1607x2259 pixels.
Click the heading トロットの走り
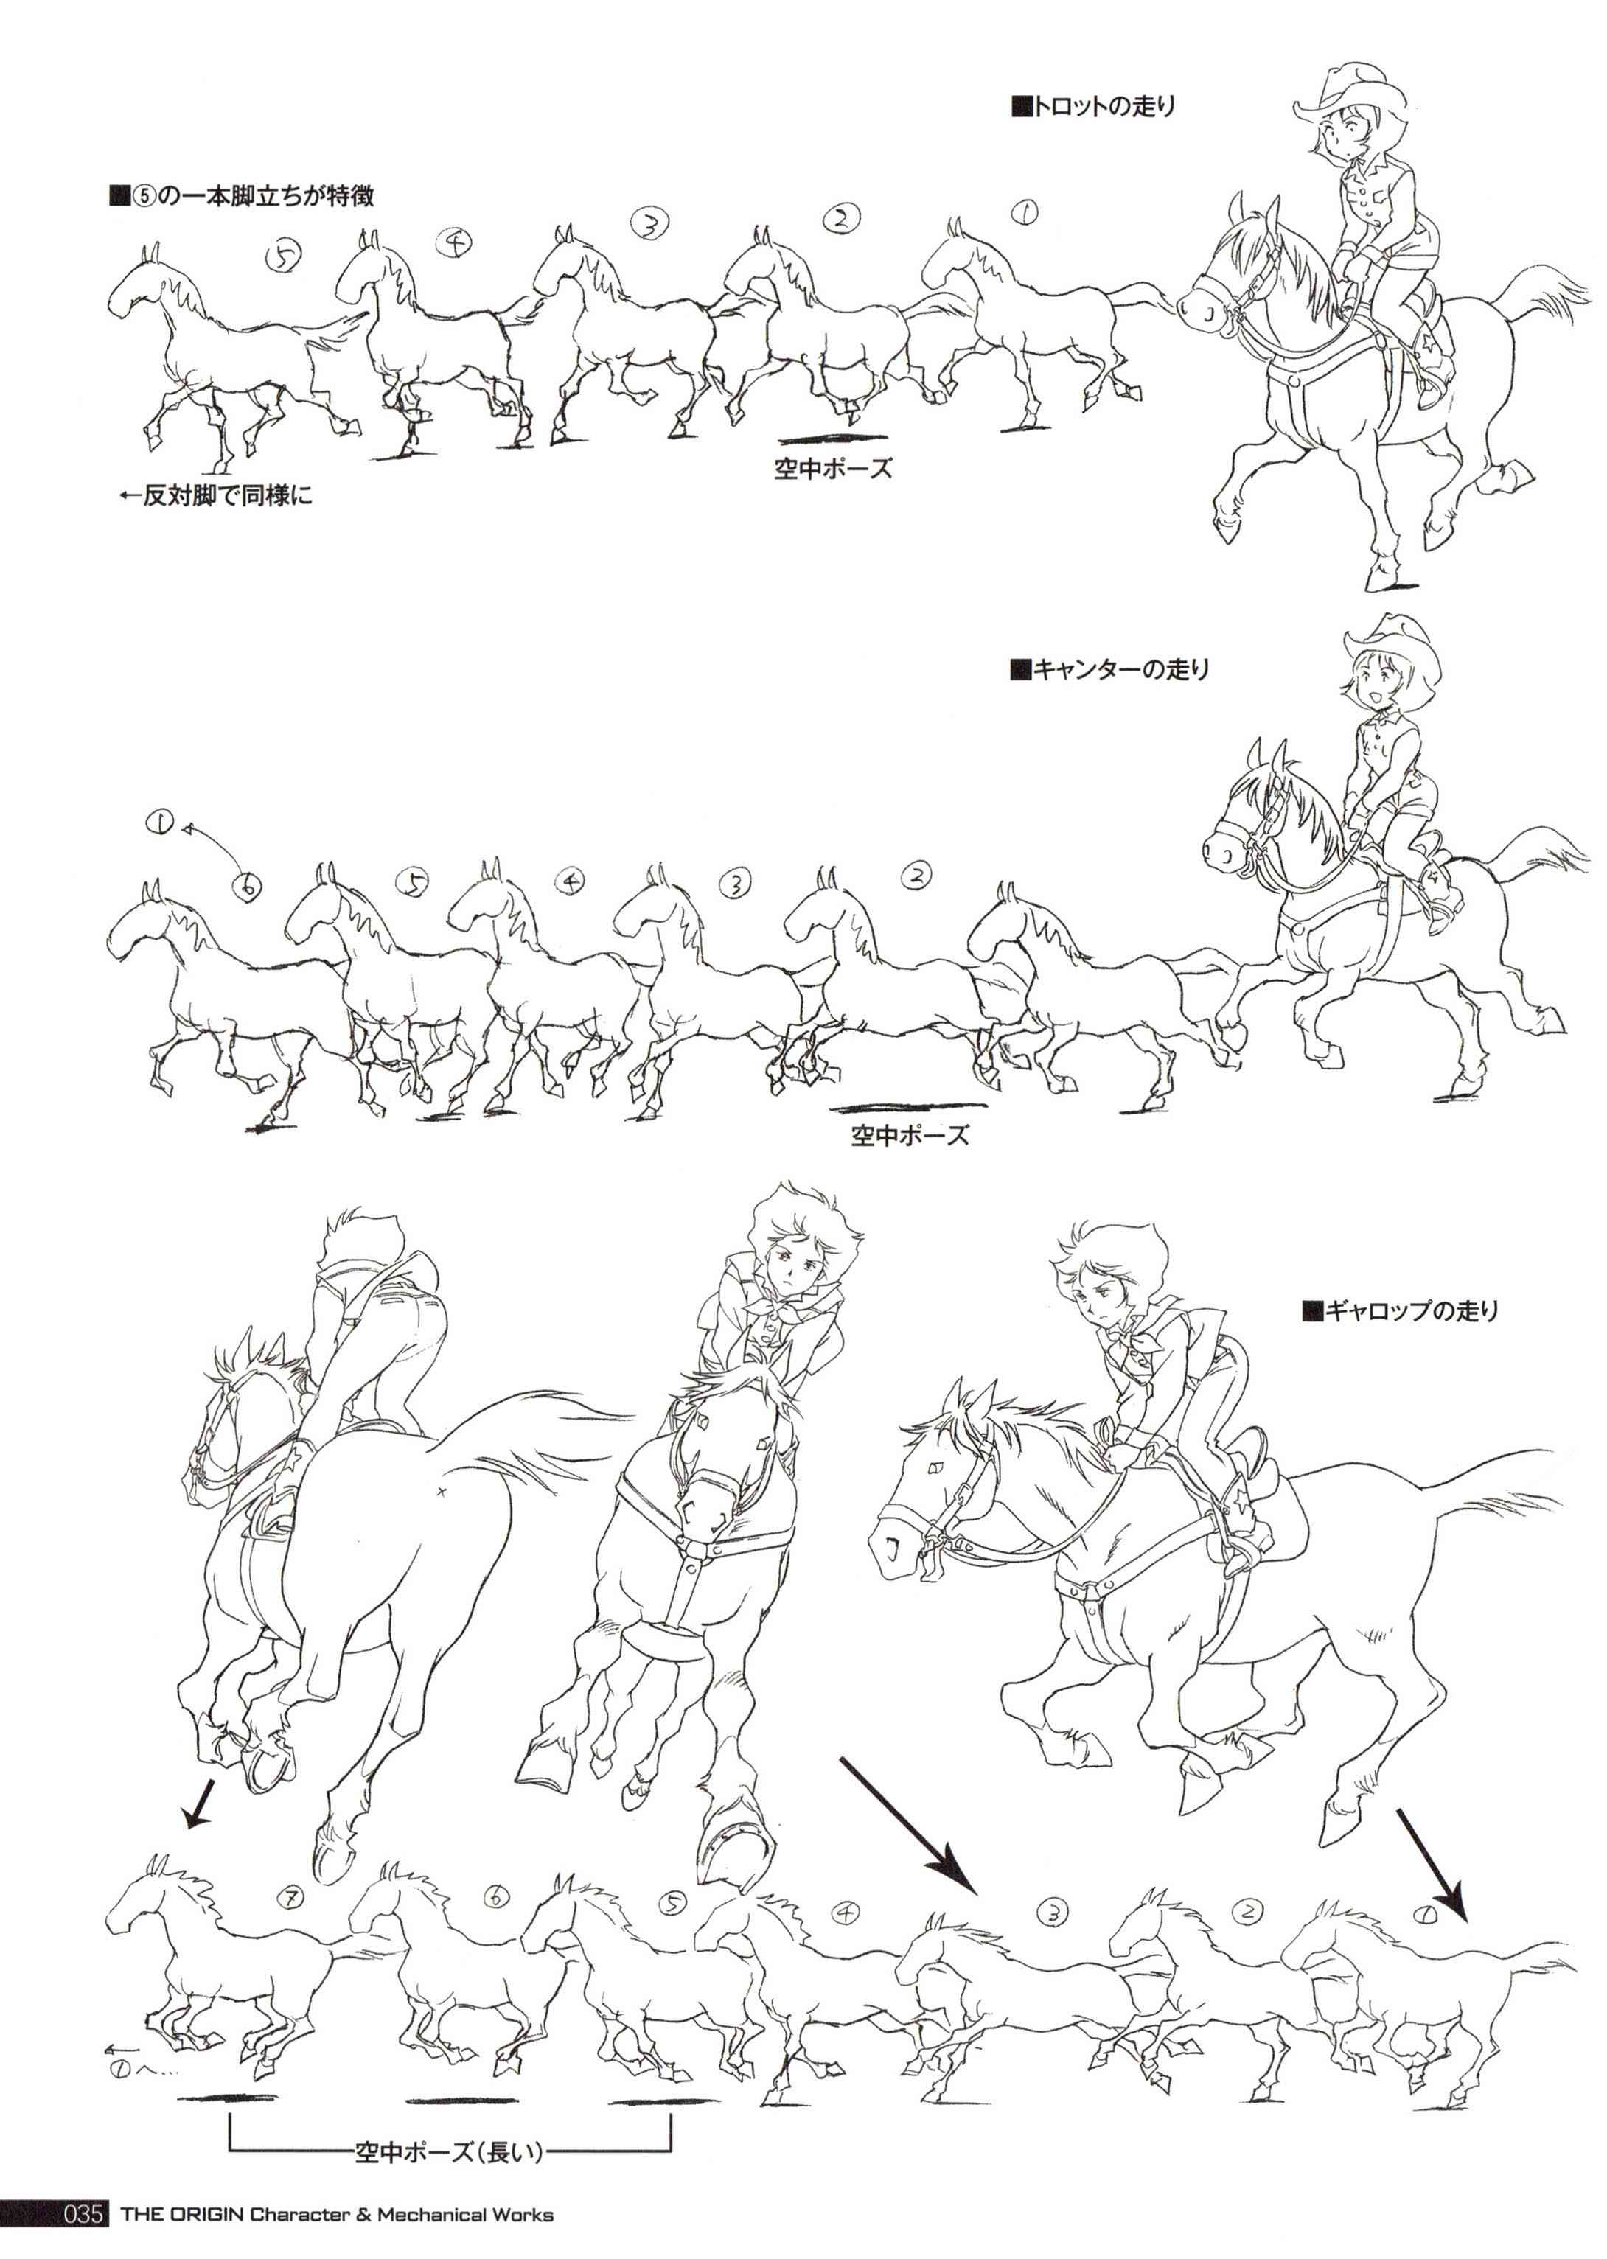[1092, 106]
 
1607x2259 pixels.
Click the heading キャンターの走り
[1109, 670]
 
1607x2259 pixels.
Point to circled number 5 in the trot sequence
[284, 256]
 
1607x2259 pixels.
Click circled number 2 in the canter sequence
[918, 875]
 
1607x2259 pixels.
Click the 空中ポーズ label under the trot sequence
[833, 468]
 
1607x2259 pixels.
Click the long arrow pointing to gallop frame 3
[907, 1825]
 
